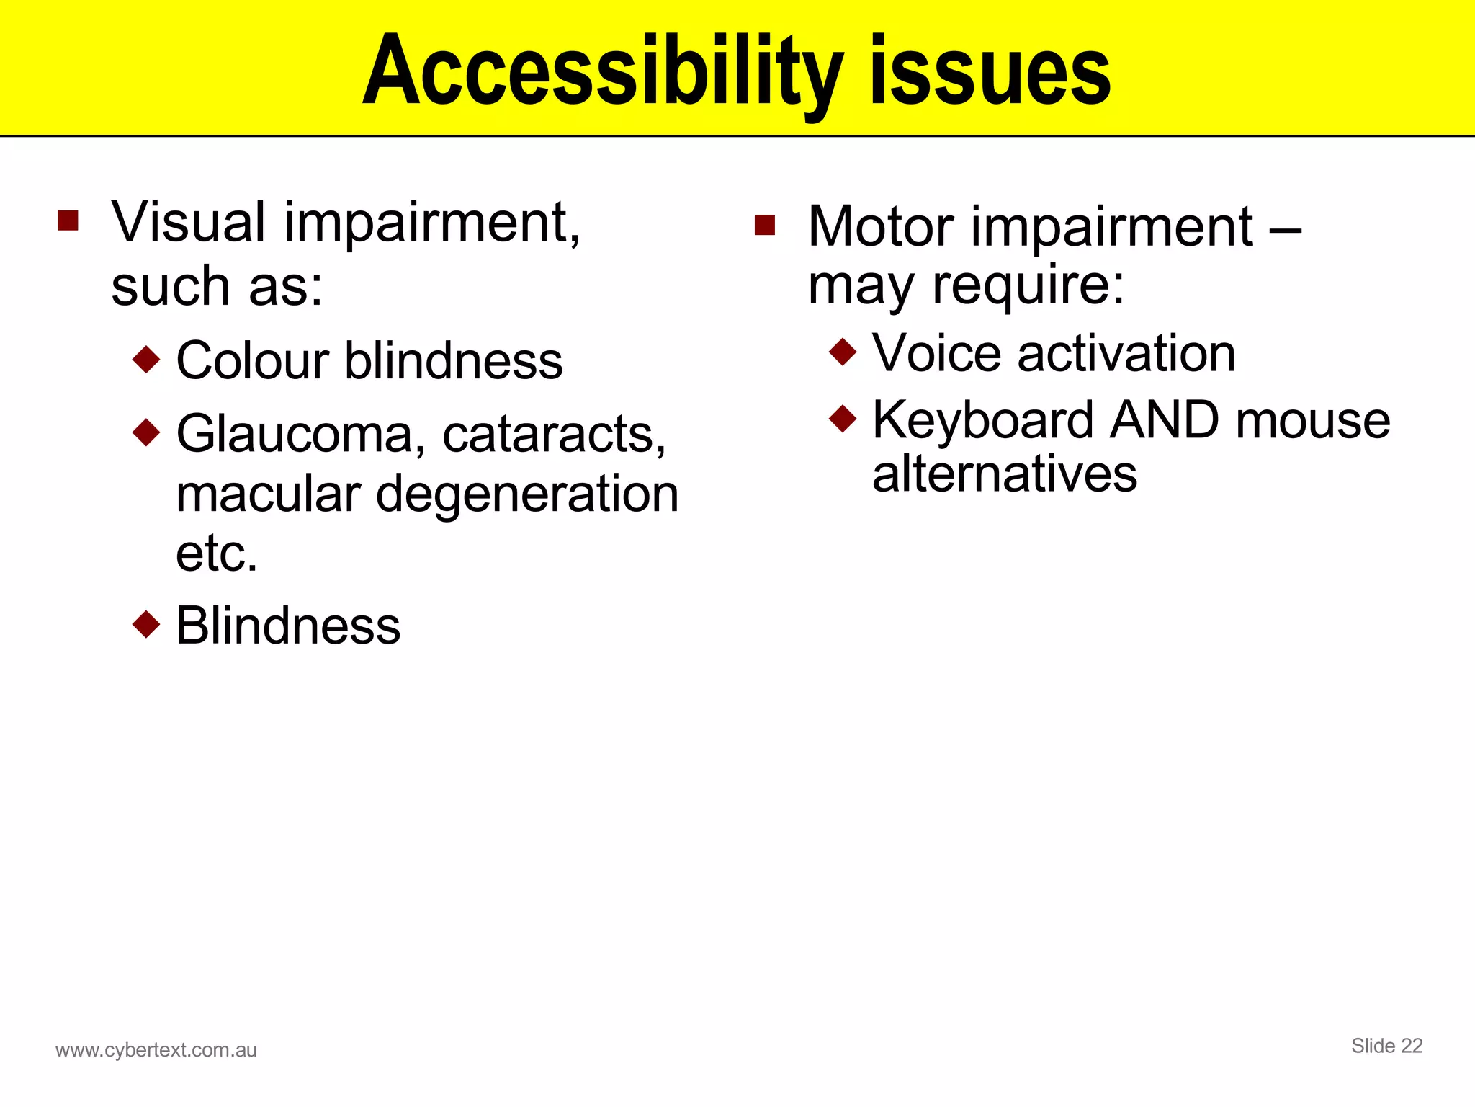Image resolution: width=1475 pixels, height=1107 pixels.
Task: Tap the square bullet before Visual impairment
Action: [x=68, y=221]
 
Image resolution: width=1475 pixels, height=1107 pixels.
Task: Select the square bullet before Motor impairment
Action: [x=764, y=226]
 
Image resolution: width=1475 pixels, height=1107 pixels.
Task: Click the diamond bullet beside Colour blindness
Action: [x=146, y=359]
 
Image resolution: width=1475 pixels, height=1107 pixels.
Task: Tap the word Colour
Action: [x=253, y=360]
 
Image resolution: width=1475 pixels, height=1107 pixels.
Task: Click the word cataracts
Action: [x=553, y=435]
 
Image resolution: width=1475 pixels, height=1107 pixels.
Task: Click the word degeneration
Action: [x=527, y=496]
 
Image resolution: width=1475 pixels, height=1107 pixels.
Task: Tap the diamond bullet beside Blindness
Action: [x=146, y=624]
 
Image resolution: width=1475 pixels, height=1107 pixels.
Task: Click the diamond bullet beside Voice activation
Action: [x=843, y=352]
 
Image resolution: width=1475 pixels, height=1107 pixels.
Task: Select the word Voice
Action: [x=936, y=353]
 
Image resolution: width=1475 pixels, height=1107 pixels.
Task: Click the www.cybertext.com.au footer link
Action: [x=156, y=1050]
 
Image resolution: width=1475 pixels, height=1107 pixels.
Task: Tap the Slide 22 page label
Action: [x=1386, y=1046]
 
